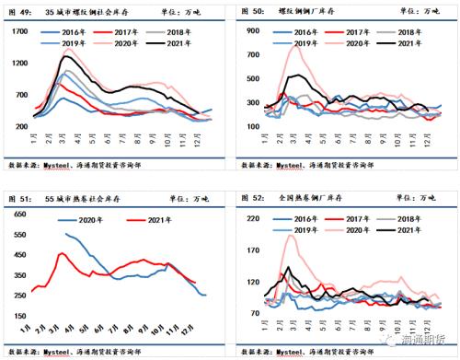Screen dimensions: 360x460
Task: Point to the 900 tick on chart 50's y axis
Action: tap(249, 32)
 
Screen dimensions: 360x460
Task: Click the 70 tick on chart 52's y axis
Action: tap(251, 314)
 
